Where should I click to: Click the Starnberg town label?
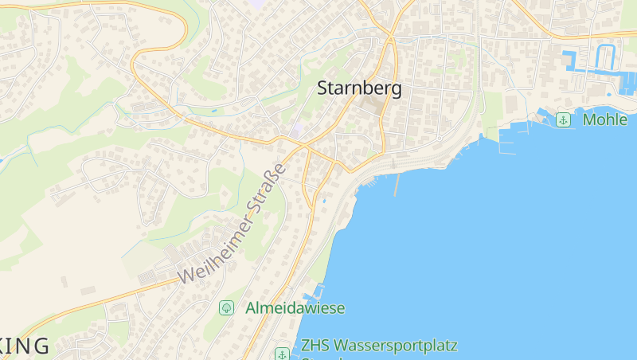click(x=359, y=88)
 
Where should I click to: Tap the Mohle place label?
click(x=604, y=120)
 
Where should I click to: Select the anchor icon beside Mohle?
click(x=564, y=120)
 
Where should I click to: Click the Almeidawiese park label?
click(x=295, y=307)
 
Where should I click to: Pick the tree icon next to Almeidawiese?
click(x=226, y=307)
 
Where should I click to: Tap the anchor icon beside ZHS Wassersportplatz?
click(x=281, y=353)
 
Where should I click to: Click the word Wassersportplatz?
click(x=394, y=346)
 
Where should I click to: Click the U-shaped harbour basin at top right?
click(x=607, y=57)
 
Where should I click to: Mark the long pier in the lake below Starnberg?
click(x=396, y=186)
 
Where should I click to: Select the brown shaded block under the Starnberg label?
click(x=372, y=106)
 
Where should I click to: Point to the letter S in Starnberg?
click(x=323, y=89)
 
